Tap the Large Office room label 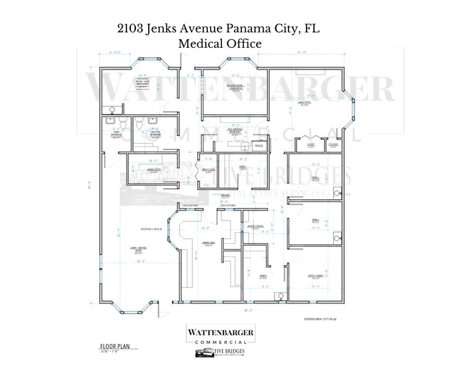pyautogui.click(x=305, y=104)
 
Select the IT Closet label pyautogui.click(x=333, y=146)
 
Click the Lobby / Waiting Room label pyautogui.click(x=138, y=250)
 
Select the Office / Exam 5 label pyautogui.click(x=315, y=276)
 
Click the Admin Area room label pyautogui.click(x=208, y=243)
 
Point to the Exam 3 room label pyautogui.click(x=315, y=221)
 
